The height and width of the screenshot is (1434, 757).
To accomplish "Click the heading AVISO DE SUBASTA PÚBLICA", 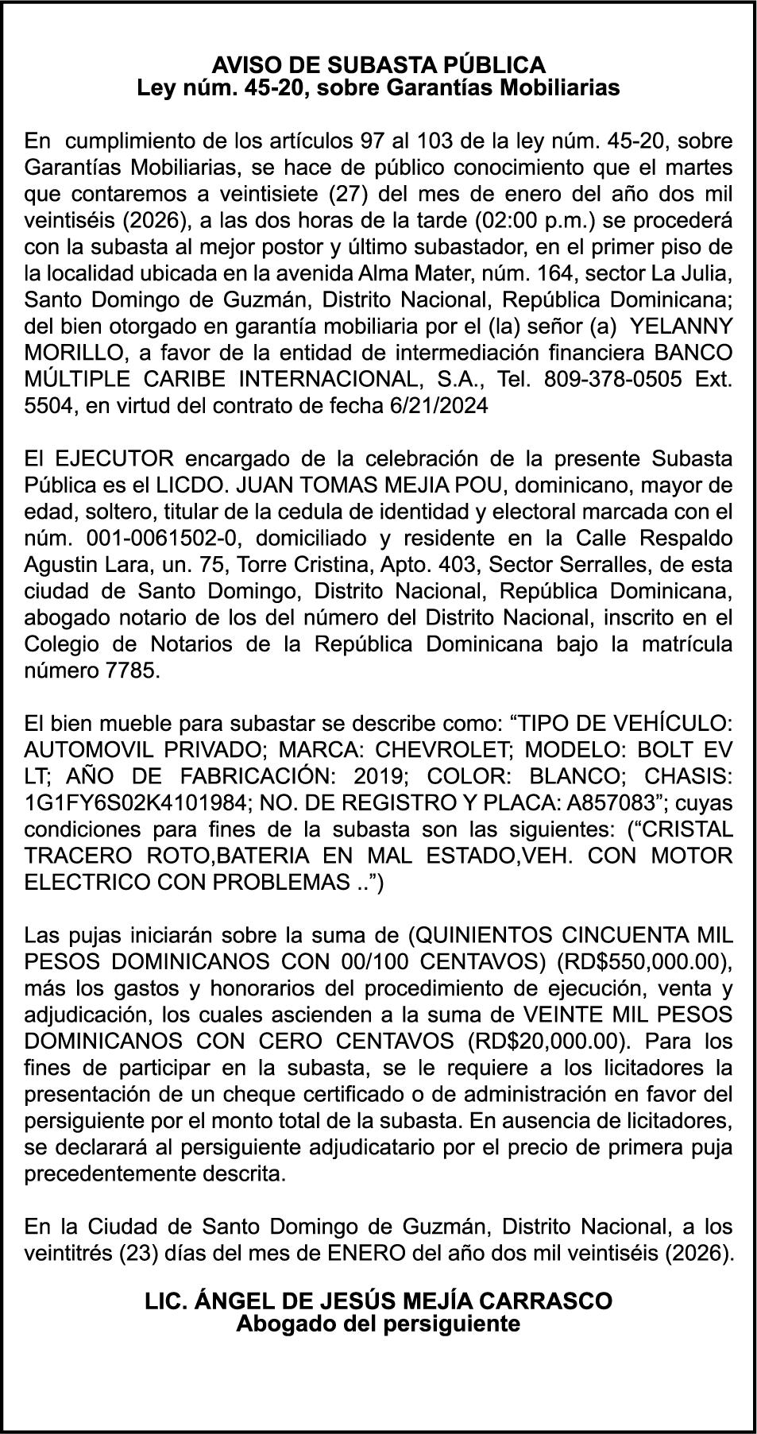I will point(378,65).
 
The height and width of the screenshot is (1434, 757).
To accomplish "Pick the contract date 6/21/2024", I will point(439,405).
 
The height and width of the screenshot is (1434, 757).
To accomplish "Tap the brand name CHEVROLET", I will point(442,749).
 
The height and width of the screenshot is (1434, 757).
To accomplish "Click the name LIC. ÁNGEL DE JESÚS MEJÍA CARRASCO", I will point(378,1301).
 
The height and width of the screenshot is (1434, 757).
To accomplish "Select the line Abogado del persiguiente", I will point(378,1324).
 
